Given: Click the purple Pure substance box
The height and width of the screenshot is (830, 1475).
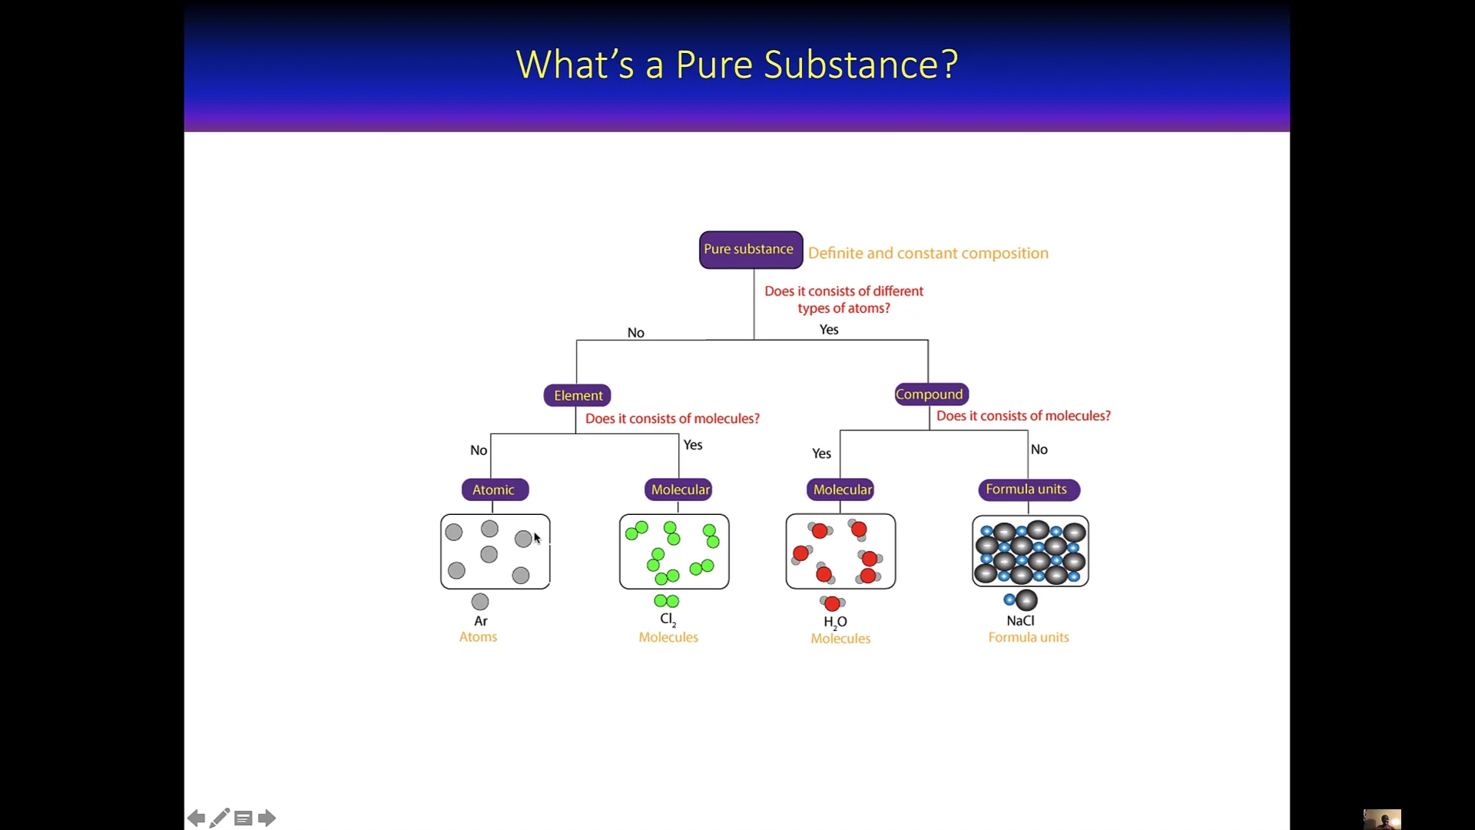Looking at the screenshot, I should coord(751,250).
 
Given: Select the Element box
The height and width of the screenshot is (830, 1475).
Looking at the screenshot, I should coord(578,395).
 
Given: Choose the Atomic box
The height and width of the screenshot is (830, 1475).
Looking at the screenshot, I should coord(495,490).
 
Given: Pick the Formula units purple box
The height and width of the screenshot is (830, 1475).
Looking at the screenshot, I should coord(1028,490).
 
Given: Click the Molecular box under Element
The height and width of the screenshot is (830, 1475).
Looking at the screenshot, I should coord(679,490).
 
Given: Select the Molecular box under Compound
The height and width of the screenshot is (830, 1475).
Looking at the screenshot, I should coord(842,490).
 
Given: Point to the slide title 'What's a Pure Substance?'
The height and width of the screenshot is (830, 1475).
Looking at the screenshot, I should coord(737,65).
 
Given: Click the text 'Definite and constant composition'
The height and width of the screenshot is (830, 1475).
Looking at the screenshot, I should coord(928,253).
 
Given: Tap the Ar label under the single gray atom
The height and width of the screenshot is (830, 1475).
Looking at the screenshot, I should coord(481,621).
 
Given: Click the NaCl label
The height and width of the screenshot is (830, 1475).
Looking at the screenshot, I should coord(1020,621).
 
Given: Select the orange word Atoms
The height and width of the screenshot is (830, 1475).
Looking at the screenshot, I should coord(478,637).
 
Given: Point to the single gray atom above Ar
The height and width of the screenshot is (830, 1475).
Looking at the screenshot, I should coord(480,602).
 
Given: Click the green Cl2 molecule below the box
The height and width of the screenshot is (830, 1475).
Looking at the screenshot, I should coord(666,601).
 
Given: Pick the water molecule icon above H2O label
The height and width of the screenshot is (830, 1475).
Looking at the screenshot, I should coord(832,603).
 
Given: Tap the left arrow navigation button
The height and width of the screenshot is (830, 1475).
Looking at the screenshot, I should coord(197,818).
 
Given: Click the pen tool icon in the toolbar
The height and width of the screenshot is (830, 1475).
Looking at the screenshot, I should coord(220,818).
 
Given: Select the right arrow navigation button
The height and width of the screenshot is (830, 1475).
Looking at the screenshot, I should coord(267,818).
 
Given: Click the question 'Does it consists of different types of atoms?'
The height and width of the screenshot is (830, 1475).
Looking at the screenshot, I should coord(844,300).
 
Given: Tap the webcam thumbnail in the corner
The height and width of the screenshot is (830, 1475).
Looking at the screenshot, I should coord(1382,819).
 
